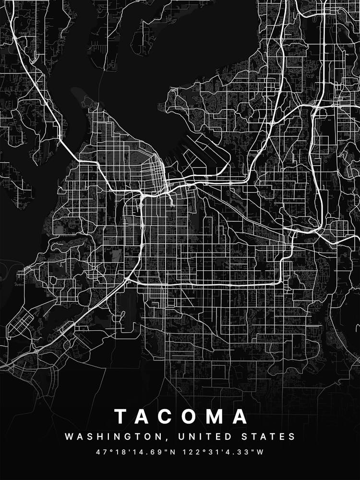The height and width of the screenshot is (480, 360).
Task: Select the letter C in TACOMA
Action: pos(168,416)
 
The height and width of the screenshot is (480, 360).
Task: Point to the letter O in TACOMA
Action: pos(192,416)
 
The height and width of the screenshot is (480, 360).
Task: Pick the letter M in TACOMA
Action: pos(217,416)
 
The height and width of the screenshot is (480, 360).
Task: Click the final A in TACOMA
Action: pos(240,416)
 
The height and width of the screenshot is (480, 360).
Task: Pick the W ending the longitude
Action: pos(260,452)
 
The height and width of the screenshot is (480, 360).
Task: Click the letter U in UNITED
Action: pos(181,437)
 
